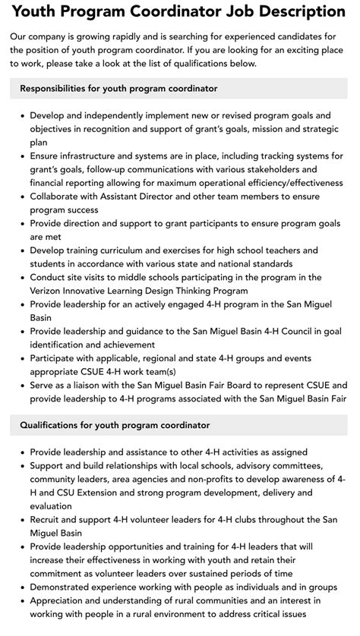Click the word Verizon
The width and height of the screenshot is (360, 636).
[x=49, y=290]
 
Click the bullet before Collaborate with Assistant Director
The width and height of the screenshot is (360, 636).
[x=21, y=196]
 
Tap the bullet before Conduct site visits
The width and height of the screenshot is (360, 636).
[x=21, y=277]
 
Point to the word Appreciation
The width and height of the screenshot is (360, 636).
[x=62, y=600]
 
